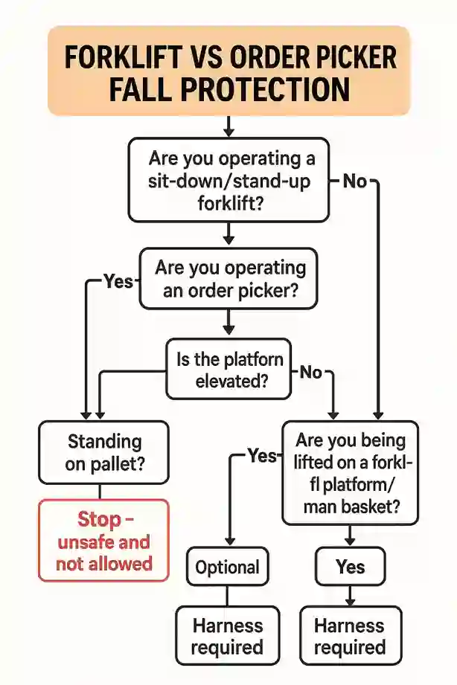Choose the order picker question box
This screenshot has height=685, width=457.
tap(229, 279)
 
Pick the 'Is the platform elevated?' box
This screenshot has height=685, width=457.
tap(229, 370)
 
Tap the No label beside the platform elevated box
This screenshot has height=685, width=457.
tap(311, 373)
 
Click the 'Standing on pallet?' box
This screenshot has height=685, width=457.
tap(104, 452)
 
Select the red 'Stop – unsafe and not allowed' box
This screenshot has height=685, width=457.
tap(104, 540)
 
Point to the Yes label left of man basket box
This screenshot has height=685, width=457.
tap(261, 455)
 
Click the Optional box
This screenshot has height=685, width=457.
tap(228, 567)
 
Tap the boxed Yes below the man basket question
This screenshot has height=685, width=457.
tap(350, 567)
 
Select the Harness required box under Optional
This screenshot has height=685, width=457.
tap(226, 636)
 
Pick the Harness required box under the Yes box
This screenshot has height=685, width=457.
tap(350, 636)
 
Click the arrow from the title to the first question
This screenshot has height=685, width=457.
tap(229, 124)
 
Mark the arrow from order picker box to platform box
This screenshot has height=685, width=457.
tap(229, 321)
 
